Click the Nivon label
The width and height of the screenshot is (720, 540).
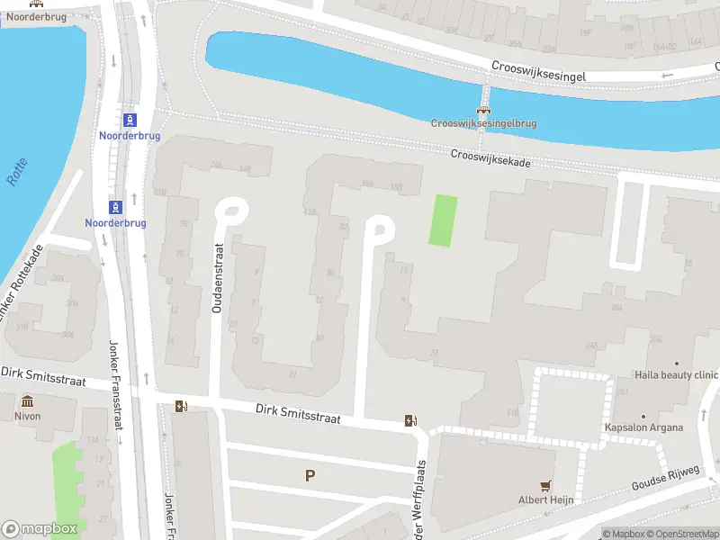tap(27, 416)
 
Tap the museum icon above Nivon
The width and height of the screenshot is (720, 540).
tap(27, 401)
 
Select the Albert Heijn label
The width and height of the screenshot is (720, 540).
tap(545, 499)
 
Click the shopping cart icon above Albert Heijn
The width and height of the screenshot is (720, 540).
tap(545, 485)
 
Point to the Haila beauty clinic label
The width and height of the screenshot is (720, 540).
tap(676, 374)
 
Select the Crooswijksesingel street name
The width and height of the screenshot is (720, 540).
tap(538, 72)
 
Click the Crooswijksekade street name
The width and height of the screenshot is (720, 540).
tap(490, 157)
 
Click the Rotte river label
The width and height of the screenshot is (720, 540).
tap(17, 172)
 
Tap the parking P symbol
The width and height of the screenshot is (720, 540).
tap(310, 475)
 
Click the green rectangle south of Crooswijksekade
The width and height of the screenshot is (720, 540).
tap(442, 220)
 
